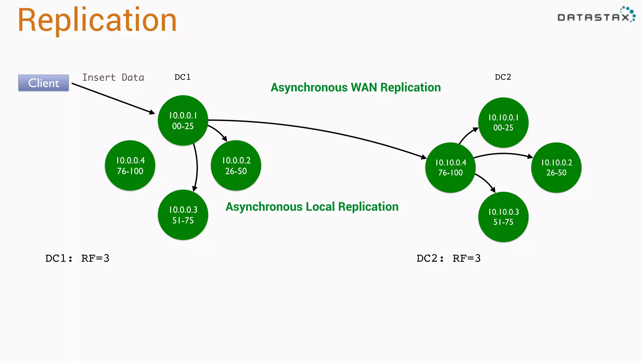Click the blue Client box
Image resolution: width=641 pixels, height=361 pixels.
tap(44, 83)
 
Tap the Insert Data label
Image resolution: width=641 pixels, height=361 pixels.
tap(113, 77)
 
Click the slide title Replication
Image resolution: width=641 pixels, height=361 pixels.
tap(97, 20)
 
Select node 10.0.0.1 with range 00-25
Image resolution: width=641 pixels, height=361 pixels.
tap(183, 121)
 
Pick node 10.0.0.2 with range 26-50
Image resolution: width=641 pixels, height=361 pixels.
tap(236, 165)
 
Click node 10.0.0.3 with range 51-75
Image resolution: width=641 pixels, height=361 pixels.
tap(183, 215)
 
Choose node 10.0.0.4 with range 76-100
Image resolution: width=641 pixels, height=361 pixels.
tap(130, 165)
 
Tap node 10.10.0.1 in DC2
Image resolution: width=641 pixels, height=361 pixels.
tap(503, 123)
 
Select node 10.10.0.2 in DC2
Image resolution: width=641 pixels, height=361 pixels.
tap(556, 168)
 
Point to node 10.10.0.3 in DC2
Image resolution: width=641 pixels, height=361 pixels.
tap(503, 217)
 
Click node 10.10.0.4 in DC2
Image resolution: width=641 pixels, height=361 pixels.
tap(450, 168)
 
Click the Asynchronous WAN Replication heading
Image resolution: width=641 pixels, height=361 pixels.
tap(356, 87)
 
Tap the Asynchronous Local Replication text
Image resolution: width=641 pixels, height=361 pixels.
tap(312, 207)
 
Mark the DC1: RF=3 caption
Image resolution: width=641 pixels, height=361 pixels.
tap(77, 258)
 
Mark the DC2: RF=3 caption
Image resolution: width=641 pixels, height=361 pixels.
tap(449, 258)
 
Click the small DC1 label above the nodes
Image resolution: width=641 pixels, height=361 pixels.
tap(182, 77)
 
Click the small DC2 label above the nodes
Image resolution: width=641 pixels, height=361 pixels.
tap(503, 77)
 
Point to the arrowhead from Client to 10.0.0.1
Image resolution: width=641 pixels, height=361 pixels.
tap(152, 112)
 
